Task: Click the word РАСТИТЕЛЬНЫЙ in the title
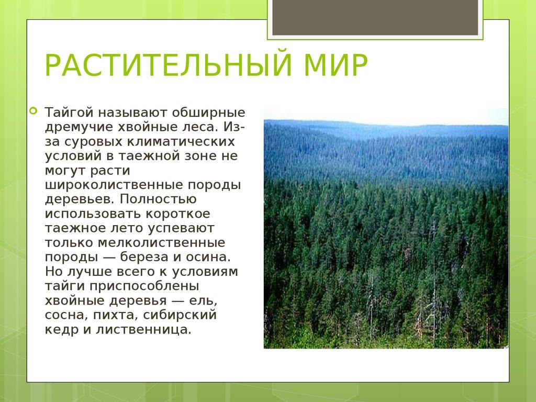pyautogui.click(x=169, y=64)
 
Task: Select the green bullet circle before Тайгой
pyautogui.click(x=33, y=110)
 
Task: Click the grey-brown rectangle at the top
pyautogui.click(x=375, y=17)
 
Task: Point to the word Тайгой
pyautogui.click(x=69, y=113)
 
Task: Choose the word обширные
pyautogui.click(x=208, y=113)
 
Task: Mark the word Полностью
pyautogui.click(x=158, y=199)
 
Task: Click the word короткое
pyautogui.click(x=178, y=214)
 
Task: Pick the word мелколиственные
pyautogui.click(x=161, y=243)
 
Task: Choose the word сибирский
pyautogui.click(x=180, y=315)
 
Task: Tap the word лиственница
pyautogui.click(x=143, y=330)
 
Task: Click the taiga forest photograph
pyautogui.click(x=386, y=228)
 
